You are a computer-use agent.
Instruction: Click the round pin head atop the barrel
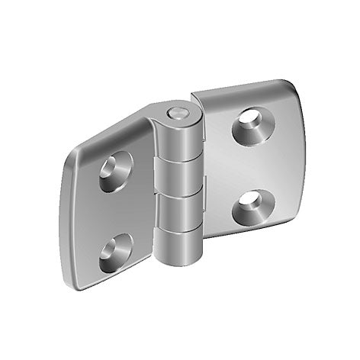click(x=176, y=114)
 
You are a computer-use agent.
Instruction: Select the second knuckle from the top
click(x=181, y=177)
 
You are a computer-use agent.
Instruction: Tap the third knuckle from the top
click(x=181, y=214)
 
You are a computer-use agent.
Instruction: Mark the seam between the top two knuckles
click(x=181, y=159)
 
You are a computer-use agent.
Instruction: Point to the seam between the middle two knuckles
click(x=181, y=195)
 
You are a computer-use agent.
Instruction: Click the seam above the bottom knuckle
click(x=181, y=231)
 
